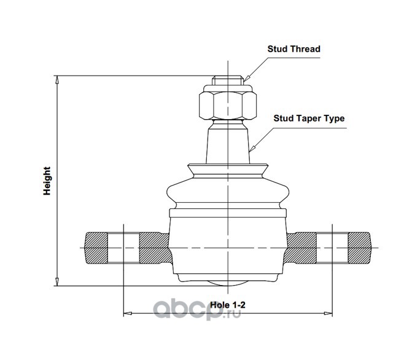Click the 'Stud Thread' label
point(293,49)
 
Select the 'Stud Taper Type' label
point(309,119)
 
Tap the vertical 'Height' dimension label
point(47,181)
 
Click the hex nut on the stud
point(227,105)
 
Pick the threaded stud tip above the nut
point(227,81)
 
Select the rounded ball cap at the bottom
point(227,281)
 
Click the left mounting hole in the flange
point(124,249)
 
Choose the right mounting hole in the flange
point(332,249)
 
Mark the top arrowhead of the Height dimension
point(57,79)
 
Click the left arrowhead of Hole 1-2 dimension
point(127,313)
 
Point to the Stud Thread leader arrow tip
point(244,80)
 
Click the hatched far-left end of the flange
point(95,249)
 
